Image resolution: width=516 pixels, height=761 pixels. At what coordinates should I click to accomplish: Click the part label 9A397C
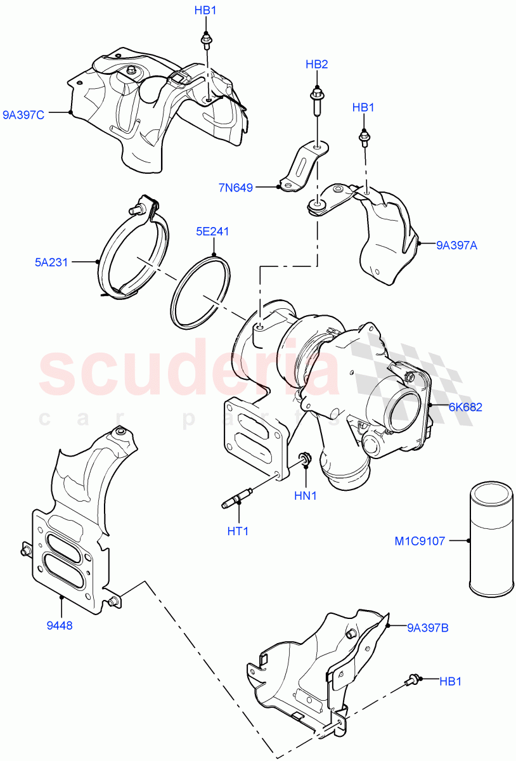pyautogui.click(x=23, y=115)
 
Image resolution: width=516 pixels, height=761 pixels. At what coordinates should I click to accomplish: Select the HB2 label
pyautogui.click(x=316, y=64)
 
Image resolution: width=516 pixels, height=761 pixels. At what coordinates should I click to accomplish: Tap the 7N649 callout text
pyautogui.click(x=236, y=188)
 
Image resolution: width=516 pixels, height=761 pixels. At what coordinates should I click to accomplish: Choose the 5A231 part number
pyautogui.click(x=51, y=261)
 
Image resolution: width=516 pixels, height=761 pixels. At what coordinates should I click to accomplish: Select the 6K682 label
pyautogui.click(x=465, y=407)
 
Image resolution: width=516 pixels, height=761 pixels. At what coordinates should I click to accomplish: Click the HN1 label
pyautogui.click(x=305, y=495)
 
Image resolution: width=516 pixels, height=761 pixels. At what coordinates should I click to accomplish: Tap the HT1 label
pyautogui.click(x=238, y=530)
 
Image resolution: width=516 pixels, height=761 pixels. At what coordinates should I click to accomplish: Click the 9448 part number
pyautogui.click(x=61, y=625)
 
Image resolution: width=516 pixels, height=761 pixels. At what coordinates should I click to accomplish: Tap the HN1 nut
pyautogui.click(x=304, y=459)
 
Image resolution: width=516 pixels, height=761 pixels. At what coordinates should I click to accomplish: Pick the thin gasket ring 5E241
pyautogui.click(x=202, y=292)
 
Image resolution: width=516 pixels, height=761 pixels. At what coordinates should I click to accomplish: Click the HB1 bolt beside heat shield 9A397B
pyautogui.click(x=412, y=680)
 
